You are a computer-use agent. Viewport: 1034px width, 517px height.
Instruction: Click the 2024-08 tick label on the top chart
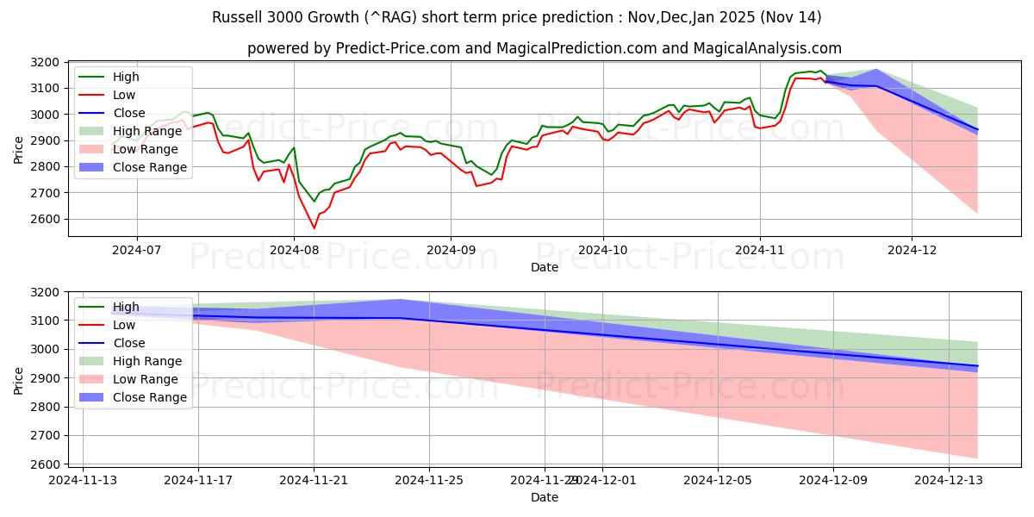(x=294, y=250)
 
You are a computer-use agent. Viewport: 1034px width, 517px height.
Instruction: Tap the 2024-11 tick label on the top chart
(x=759, y=250)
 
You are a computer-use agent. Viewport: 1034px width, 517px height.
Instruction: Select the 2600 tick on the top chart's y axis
(x=44, y=219)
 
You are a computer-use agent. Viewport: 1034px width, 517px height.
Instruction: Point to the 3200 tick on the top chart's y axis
(x=44, y=62)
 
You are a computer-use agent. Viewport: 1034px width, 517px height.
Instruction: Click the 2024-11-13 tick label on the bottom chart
(x=83, y=480)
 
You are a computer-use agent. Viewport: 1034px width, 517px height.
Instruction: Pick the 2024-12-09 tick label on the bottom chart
(x=833, y=480)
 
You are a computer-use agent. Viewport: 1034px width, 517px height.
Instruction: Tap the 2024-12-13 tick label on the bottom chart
(x=949, y=480)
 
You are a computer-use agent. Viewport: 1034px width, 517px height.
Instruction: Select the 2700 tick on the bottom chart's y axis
(x=44, y=435)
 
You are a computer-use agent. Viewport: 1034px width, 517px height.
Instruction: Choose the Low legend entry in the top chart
(x=125, y=95)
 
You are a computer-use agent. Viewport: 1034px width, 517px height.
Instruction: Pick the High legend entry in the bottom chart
(x=126, y=307)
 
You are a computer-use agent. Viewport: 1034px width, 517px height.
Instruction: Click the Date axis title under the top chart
(x=544, y=267)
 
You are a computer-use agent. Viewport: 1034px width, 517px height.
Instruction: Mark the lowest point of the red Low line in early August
(x=315, y=227)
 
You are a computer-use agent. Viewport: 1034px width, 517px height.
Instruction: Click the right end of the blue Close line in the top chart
(x=977, y=129)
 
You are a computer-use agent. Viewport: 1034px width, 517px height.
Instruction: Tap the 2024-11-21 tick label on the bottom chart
(x=314, y=480)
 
